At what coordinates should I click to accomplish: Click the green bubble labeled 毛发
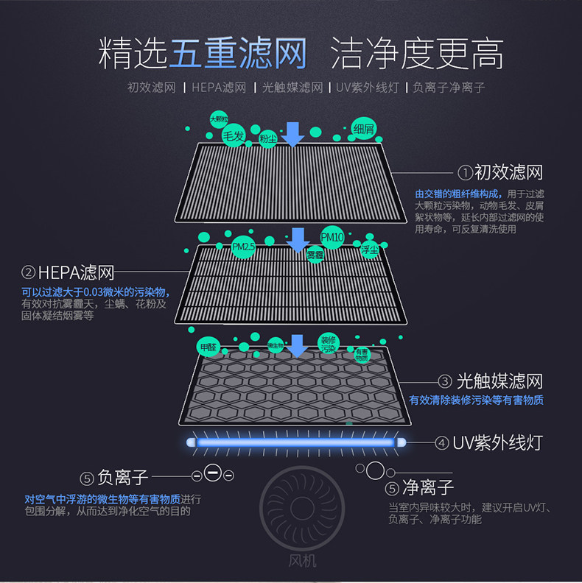tap(234, 136)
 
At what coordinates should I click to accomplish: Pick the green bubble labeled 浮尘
tap(370, 250)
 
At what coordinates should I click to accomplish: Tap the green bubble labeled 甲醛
tap(208, 346)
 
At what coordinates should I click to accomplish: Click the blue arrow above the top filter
tap(294, 133)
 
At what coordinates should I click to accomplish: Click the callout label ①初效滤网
tap(500, 173)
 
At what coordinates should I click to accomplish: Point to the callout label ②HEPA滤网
tap(68, 273)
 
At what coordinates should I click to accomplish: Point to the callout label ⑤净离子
tap(420, 488)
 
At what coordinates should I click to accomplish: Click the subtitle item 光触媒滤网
tap(292, 88)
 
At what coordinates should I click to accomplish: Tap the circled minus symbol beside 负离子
tap(213, 473)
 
